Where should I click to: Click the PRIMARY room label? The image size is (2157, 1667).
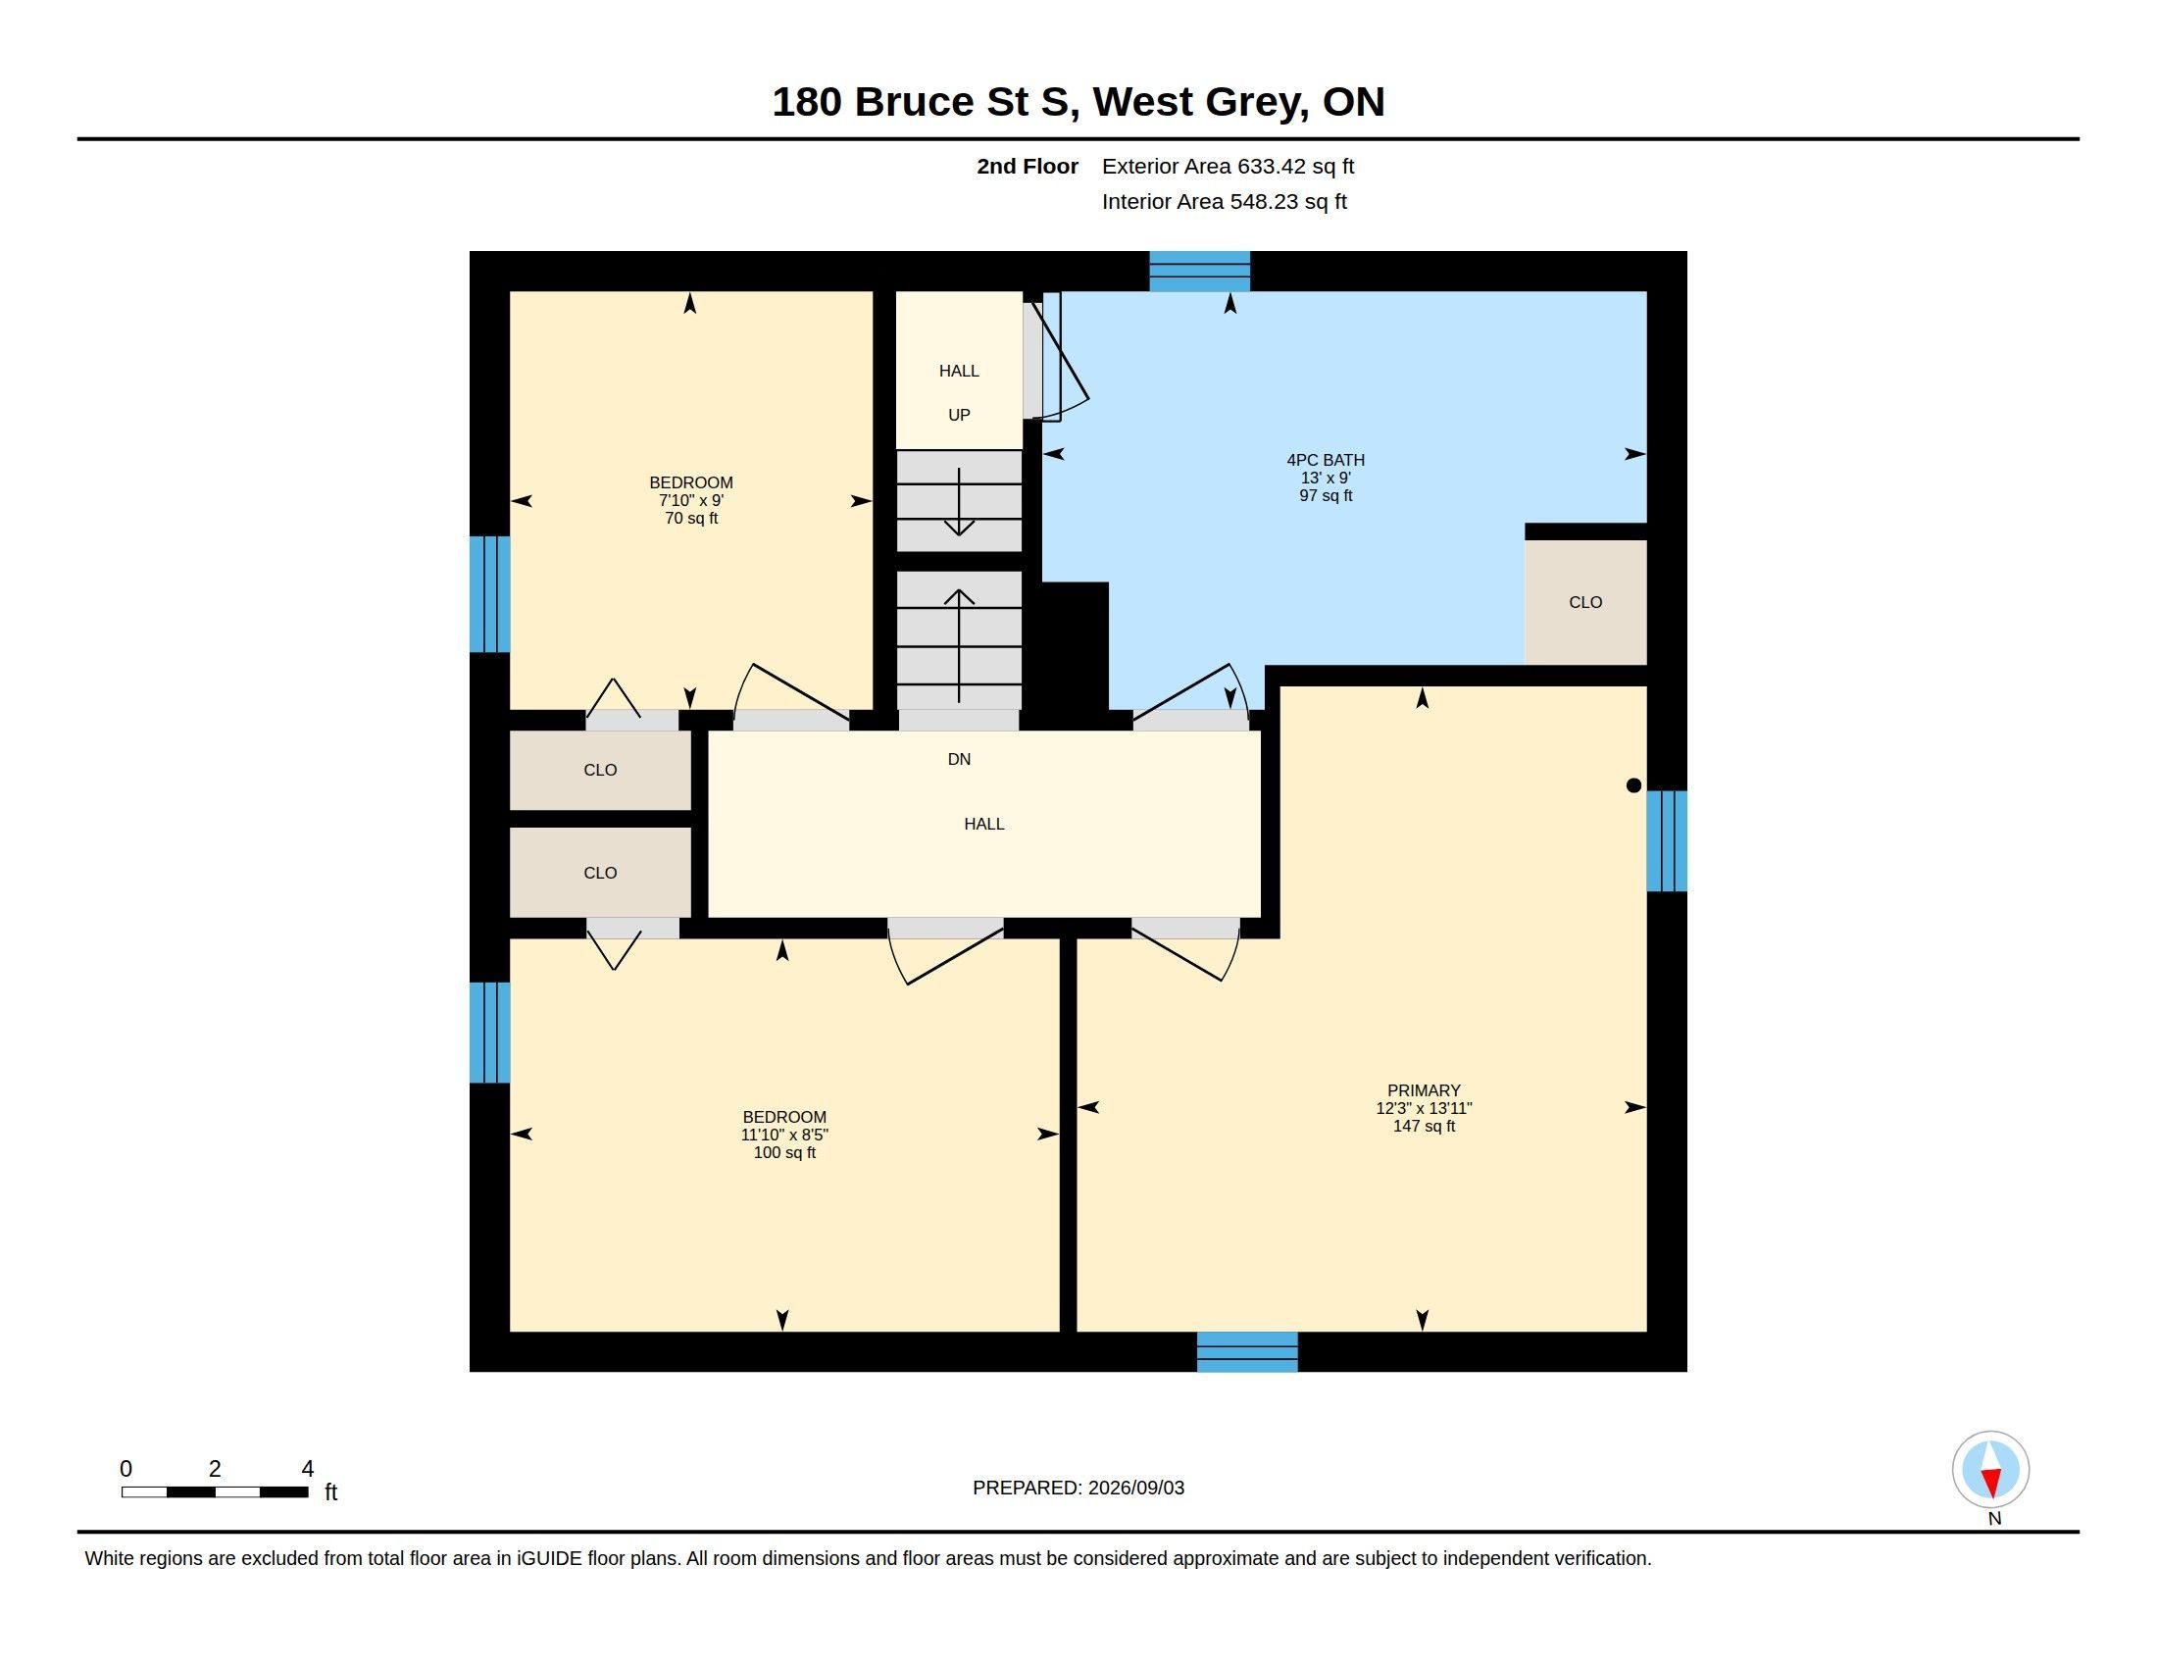[x=1424, y=1090]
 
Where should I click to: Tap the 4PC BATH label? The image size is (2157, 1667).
[x=1326, y=459]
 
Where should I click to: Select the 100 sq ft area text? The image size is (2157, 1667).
[x=784, y=1152]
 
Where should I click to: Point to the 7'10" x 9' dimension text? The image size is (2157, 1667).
[x=691, y=501]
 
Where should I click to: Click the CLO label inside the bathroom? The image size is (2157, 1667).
[x=1585, y=602]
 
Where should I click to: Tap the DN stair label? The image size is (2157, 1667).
[x=959, y=759]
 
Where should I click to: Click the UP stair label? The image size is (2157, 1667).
[x=959, y=415]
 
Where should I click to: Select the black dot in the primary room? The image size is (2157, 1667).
[x=1633, y=785]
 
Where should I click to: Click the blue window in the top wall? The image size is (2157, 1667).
[x=1200, y=272]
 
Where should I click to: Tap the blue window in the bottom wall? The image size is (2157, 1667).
[x=1247, y=1352]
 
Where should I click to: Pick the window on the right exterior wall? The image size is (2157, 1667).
[x=1667, y=840]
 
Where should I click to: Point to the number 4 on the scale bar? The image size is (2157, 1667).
[x=307, y=1469]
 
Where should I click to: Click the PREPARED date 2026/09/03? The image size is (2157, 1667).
[x=1135, y=1488]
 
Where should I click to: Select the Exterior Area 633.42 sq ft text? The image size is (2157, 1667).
[x=1228, y=167]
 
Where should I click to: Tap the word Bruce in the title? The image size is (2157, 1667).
[x=914, y=102]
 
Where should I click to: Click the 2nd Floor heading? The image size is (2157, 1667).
[x=1028, y=167]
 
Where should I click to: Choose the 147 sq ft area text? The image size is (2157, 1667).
[x=1424, y=1126]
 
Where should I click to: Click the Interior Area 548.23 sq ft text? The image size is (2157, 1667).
[x=1225, y=202]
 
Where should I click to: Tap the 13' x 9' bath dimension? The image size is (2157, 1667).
[x=1326, y=477]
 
